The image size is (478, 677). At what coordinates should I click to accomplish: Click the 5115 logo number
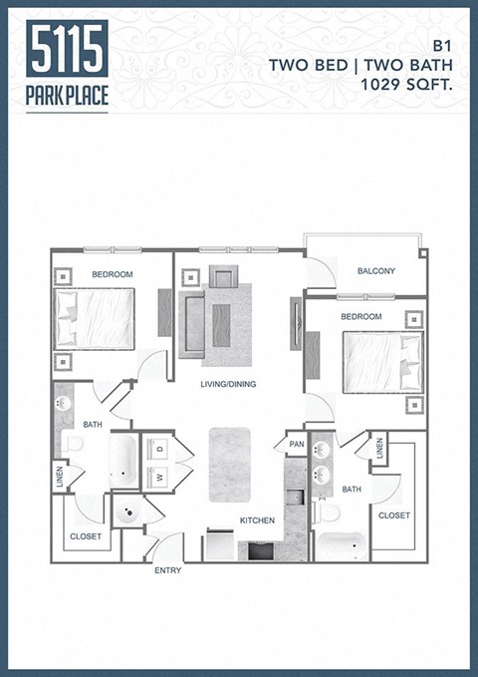(68, 49)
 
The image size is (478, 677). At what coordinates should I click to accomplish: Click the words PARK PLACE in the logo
(68, 97)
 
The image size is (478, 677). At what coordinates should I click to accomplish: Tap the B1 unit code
(442, 46)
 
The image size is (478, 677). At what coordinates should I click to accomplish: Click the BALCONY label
(375, 271)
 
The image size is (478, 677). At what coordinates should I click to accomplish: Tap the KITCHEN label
(256, 520)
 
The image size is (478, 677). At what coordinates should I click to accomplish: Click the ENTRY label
(167, 570)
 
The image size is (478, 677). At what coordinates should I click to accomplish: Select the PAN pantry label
(296, 445)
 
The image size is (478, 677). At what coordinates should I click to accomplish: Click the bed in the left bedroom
(95, 318)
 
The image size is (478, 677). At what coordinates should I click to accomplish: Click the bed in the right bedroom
(382, 362)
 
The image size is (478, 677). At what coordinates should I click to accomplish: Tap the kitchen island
(230, 465)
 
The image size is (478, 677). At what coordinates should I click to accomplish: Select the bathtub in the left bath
(123, 460)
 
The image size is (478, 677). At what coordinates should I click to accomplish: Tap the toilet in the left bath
(74, 444)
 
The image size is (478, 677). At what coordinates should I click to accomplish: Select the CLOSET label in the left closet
(85, 536)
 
